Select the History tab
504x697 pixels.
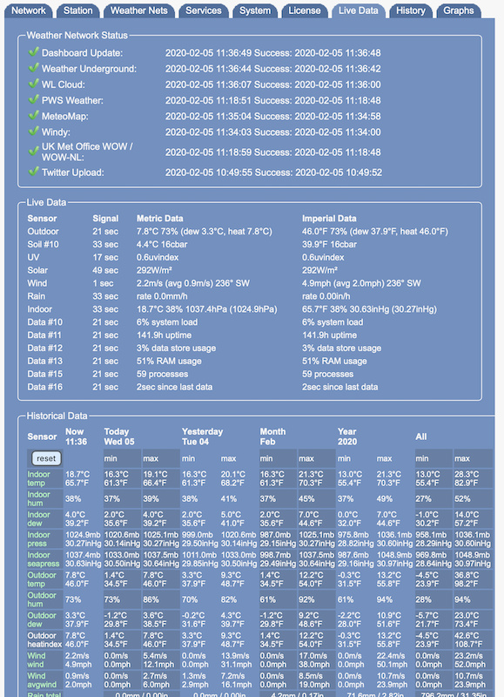point(409,10)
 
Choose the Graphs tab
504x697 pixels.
point(458,10)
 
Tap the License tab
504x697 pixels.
point(306,10)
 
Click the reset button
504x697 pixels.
point(46,458)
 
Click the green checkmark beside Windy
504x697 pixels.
point(33,132)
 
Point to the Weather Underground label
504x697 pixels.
point(89,69)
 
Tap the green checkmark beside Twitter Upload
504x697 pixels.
point(33,172)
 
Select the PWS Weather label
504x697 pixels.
point(77,100)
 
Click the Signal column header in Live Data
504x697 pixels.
point(105,218)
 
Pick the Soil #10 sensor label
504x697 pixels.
point(44,246)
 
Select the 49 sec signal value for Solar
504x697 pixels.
point(105,269)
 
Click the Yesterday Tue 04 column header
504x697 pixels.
point(202,436)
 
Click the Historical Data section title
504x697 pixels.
point(57,416)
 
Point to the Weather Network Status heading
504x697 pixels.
point(77,36)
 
